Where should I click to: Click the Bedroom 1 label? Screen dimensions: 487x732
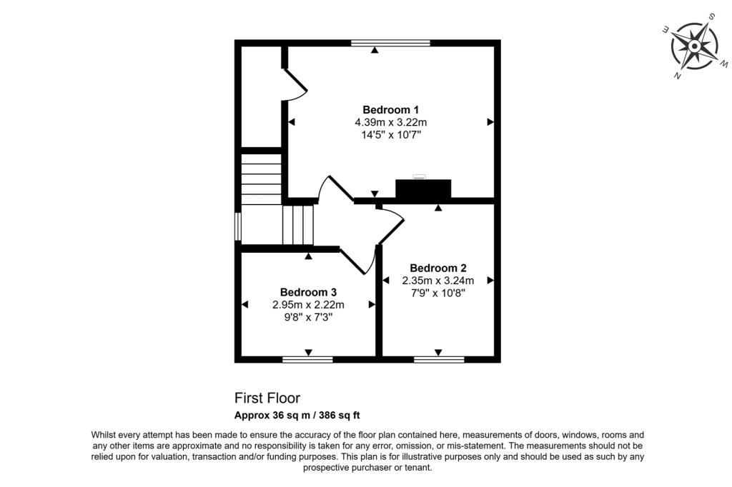tap(390, 109)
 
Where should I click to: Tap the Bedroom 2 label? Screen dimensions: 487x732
tap(437, 268)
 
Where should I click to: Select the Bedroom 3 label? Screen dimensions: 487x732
tap(308, 292)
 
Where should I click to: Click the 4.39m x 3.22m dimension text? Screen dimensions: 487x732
tap(390, 122)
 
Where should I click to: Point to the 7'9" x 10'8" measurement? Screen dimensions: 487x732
tap(437, 292)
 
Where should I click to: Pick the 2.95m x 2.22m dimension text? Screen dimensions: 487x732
tap(308, 305)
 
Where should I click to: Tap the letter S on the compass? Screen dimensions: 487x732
tap(712, 16)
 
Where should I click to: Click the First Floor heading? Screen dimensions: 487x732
tap(267, 398)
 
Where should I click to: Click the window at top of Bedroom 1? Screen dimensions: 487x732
tap(390, 43)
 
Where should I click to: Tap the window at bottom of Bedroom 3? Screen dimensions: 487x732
tap(307, 359)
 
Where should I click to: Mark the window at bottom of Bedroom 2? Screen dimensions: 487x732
tap(438, 359)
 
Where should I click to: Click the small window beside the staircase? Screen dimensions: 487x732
tap(237, 226)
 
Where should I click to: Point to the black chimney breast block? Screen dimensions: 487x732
tap(423, 189)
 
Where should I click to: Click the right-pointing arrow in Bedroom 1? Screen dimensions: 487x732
tap(490, 122)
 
